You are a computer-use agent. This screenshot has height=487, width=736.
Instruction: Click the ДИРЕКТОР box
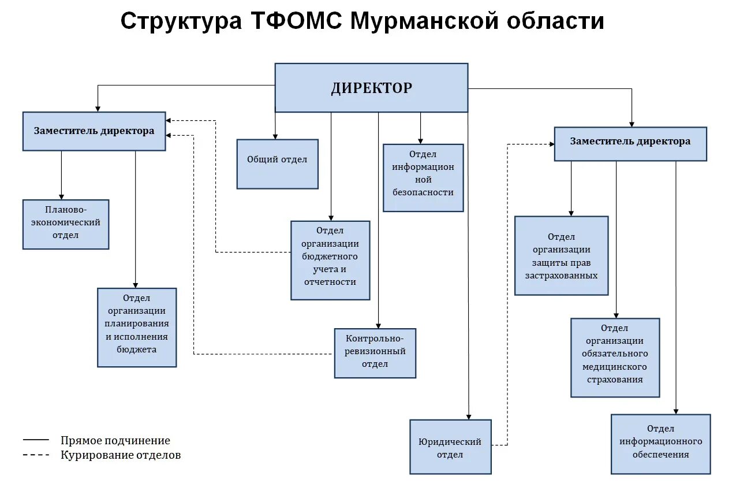coord(371,88)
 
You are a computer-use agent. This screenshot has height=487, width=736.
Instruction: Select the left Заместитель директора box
coord(94,131)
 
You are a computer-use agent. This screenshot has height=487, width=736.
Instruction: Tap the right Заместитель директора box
coord(630,144)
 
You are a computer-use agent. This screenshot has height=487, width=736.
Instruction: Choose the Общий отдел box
coord(277,163)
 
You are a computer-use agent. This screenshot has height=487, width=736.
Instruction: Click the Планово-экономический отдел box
coord(66,224)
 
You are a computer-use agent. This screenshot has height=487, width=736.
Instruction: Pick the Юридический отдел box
coord(450,447)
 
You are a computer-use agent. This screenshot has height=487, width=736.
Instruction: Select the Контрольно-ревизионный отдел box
coord(375,353)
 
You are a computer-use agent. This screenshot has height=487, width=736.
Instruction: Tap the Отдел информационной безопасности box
coord(423,177)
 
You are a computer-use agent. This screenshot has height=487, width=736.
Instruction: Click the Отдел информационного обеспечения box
coord(660,444)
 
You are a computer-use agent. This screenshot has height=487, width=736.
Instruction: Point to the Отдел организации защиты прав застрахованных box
coord(561,255)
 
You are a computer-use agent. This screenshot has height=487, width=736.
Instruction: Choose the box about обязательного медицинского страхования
coord(615,357)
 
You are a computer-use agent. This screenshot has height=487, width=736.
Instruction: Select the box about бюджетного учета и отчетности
coord(330,260)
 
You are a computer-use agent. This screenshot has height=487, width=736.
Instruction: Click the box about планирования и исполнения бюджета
coord(137,327)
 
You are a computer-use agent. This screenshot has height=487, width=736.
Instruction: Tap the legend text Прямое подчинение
coord(115,441)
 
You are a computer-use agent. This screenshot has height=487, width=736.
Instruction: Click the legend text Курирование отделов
coord(121,455)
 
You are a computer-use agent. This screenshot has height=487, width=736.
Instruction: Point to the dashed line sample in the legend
coord(36,455)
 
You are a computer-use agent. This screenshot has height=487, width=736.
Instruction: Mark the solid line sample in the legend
coord(36,440)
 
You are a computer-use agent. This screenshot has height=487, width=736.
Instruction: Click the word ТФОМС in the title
coord(298,22)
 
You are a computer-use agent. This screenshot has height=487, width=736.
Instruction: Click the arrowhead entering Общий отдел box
coord(275,136)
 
